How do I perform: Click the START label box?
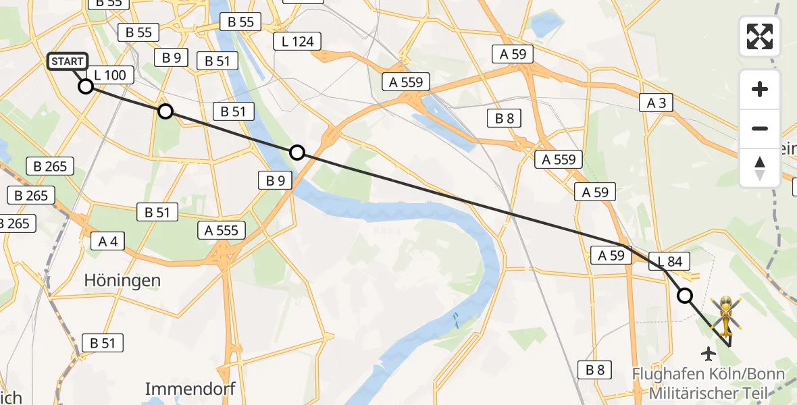click(68, 61)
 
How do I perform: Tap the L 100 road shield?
click(111, 75)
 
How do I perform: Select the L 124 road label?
click(297, 42)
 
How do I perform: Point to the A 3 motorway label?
click(656, 103)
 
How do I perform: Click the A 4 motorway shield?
click(108, 241)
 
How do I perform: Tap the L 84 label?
click(669, 261)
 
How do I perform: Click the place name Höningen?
click(122, 280)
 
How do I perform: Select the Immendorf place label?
click(190, 388)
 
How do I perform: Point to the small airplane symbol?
click(709, 353)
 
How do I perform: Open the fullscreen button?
click(760, 36)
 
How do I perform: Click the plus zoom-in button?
click(760, 89)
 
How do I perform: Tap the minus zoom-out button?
click(760, 128)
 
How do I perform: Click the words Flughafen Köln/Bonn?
click(709, 375)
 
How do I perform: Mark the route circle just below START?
click(86, 86)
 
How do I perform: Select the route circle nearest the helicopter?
click(685, 296)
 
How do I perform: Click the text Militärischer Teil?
click(709, 392)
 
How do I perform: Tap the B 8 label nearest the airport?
click(594, 369)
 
